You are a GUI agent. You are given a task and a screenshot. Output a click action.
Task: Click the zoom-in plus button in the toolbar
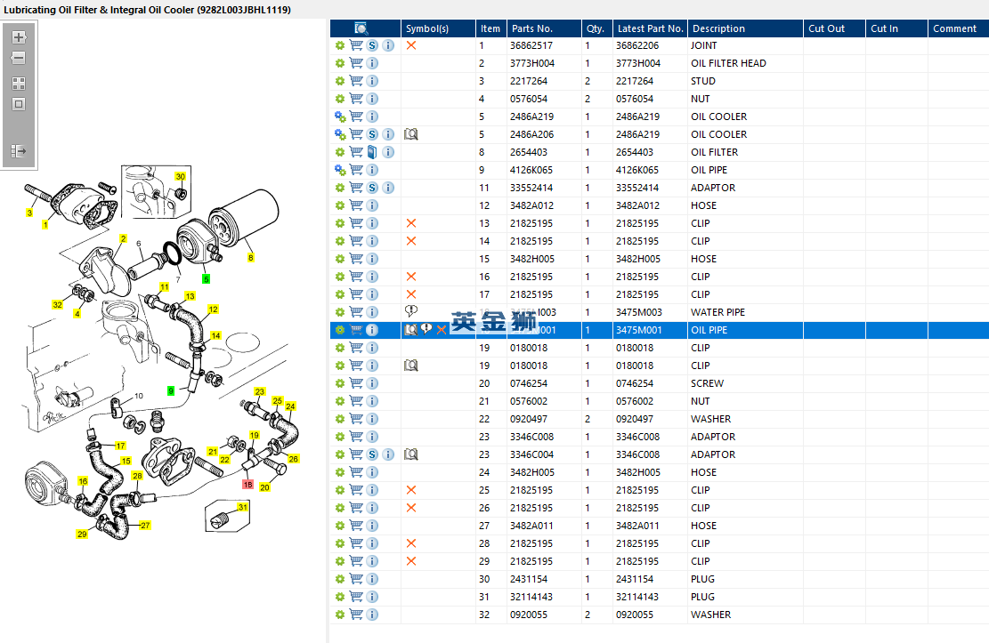pos(19,37)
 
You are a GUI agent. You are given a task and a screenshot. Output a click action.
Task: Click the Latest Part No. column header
pos(650,28)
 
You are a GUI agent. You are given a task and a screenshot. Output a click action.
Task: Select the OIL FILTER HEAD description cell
pos(728,63)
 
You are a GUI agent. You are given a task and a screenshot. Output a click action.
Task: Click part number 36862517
pos(531,45)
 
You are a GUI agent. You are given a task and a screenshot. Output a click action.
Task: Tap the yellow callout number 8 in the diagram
pos(250,258)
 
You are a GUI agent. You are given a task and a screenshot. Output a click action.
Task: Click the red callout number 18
pos(247,486)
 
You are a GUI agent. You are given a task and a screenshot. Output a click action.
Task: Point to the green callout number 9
pos(171,390)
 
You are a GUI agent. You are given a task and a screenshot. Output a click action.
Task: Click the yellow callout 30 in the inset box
pos(180,177)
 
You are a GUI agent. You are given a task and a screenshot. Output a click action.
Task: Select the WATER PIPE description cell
pos(717,312)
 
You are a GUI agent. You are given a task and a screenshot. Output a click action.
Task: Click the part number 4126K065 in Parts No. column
pos(531,170)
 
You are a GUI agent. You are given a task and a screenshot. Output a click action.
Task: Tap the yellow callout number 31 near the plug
pos(242,508)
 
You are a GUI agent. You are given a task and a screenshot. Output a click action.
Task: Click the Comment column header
pos(954,28)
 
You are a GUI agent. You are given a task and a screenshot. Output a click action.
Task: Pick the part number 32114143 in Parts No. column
pos(531,597)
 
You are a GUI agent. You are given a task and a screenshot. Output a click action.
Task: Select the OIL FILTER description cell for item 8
pos(715,152)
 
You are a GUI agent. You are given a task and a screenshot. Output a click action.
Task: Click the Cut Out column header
pos(826,28)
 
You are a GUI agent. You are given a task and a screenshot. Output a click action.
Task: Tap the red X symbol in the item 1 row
pos(411,45)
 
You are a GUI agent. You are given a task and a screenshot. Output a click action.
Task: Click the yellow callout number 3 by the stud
pos(29,213)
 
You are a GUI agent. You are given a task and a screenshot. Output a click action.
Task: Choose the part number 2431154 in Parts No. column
pos(529,579)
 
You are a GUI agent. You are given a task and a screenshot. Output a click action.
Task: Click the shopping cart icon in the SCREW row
pos(356,383)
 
